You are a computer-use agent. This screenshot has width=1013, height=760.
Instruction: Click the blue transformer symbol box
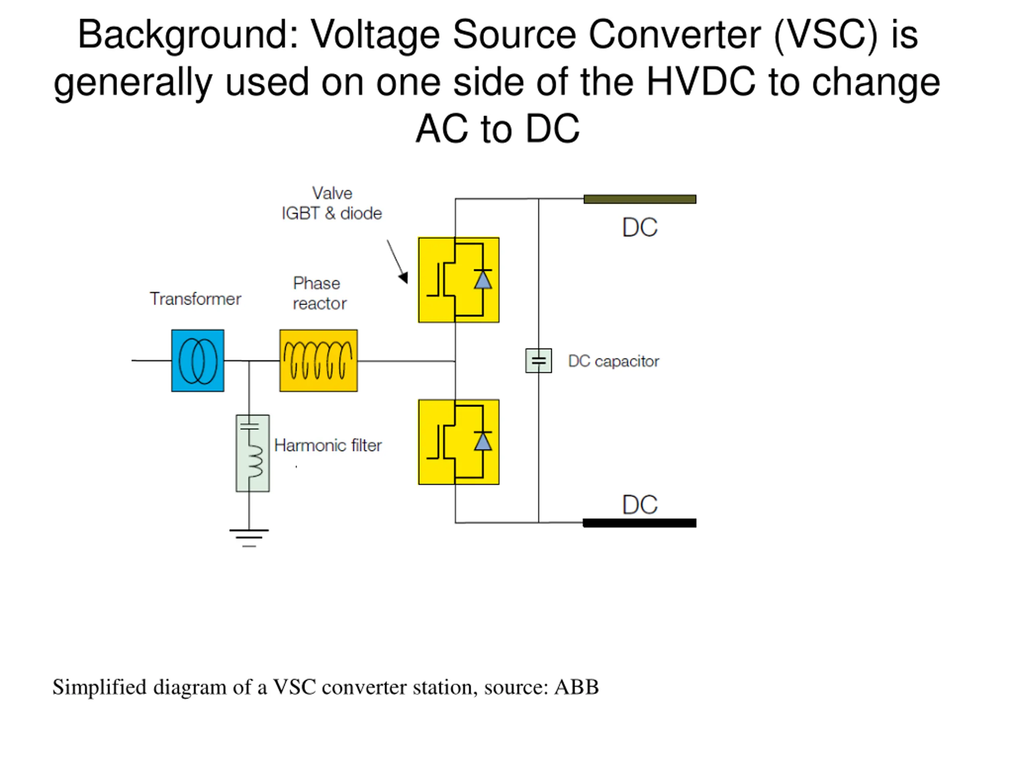point(198,361)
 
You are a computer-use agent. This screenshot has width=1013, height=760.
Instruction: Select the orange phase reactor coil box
point(318,361)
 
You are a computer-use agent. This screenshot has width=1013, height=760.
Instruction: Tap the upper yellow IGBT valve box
point(458,280)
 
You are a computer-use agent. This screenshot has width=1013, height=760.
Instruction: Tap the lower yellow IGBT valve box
point(458,442)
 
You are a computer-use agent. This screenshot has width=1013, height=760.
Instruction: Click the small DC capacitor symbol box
point(538,361)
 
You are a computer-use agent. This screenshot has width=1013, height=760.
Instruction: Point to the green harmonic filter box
point(252,453)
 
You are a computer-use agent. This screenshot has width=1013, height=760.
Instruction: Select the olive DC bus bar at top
point(640,199)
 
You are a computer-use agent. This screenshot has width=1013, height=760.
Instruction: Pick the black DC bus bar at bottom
point(639,523)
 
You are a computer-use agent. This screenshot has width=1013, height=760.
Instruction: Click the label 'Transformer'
point(195,299)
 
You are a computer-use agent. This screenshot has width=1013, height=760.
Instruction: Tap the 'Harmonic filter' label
point(328,445)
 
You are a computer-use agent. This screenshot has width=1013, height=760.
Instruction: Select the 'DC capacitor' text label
point(614,361)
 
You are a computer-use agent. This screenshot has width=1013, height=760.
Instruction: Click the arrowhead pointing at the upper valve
point(404,277)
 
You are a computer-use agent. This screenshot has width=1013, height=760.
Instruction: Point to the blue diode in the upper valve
point(483,279)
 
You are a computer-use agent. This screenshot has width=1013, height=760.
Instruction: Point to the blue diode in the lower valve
point(483,441)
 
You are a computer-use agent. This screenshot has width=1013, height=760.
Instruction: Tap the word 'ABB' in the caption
point(577,687)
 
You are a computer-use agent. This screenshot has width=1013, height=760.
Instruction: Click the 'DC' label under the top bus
point(640,227)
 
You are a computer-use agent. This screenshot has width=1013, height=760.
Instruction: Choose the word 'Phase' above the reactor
point(317,283)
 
